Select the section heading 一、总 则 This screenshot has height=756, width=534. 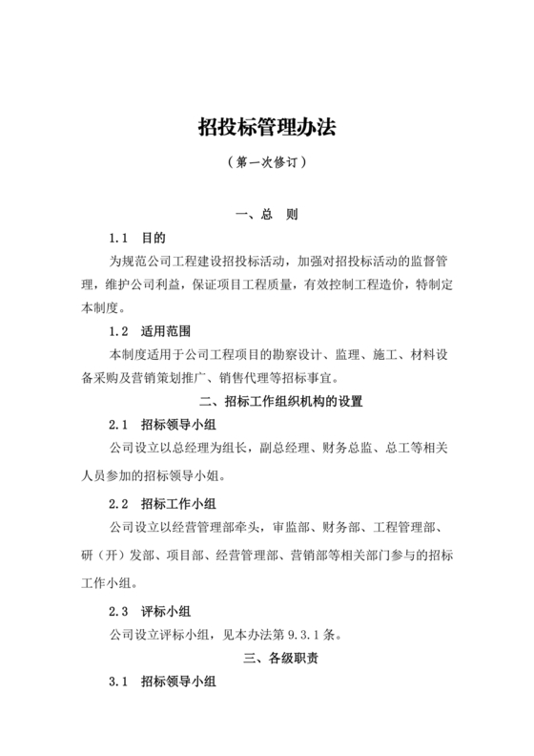[267, 216]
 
